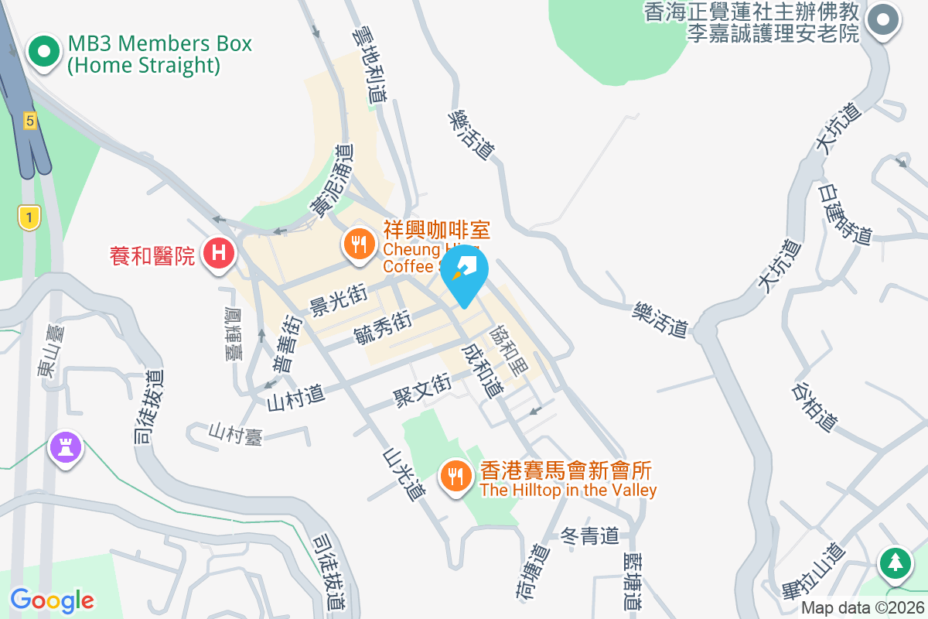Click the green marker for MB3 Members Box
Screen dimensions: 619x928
click(44, 52)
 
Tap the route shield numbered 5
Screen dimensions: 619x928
click(29, 120)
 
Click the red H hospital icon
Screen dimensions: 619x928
click(219, 252)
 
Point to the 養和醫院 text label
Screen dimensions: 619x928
click(152, 255)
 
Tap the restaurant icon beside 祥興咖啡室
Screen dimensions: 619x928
click(359, 245)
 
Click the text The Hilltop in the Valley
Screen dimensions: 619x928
click(568, 491)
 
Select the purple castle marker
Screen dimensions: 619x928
click(66, 446)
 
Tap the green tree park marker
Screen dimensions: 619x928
click(896, 562)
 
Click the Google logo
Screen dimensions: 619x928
click(52, 600)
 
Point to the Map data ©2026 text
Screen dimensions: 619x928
click(862, 608)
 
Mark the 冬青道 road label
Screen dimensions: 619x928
click(590, 535)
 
